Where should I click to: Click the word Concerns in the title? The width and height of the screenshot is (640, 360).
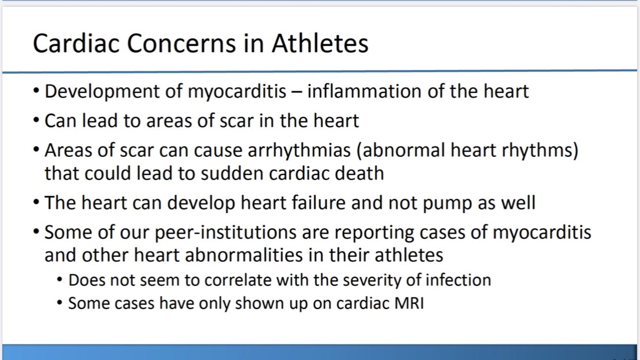pyautogui.click(x=181, y=44)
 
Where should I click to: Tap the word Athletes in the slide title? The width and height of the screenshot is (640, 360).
pyautogui.click(x=320, y=44)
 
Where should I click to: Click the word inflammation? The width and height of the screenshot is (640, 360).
pyautogui.click(x=364, y=92)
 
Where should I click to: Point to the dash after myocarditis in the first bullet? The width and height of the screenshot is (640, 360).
pyautogui.click(x=297, y=93)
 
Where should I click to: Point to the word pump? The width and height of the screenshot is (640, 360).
pyautogui.click(x=447, y=204)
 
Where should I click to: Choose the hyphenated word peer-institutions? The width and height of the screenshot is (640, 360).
pyautogui.click(x=225, y=233)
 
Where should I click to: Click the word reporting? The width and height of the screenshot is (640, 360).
pyautogui.click(x=374, y=233)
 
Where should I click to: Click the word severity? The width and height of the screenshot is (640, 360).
pyautogui.click(x=372, y=280)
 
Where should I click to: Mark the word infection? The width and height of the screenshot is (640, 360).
pyautogui.click(x=458, y=280)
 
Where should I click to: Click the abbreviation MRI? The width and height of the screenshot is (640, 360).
pyautogui.click(x=409, y=303)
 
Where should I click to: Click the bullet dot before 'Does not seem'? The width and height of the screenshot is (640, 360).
pyautogui.click(x=59, y=279)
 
